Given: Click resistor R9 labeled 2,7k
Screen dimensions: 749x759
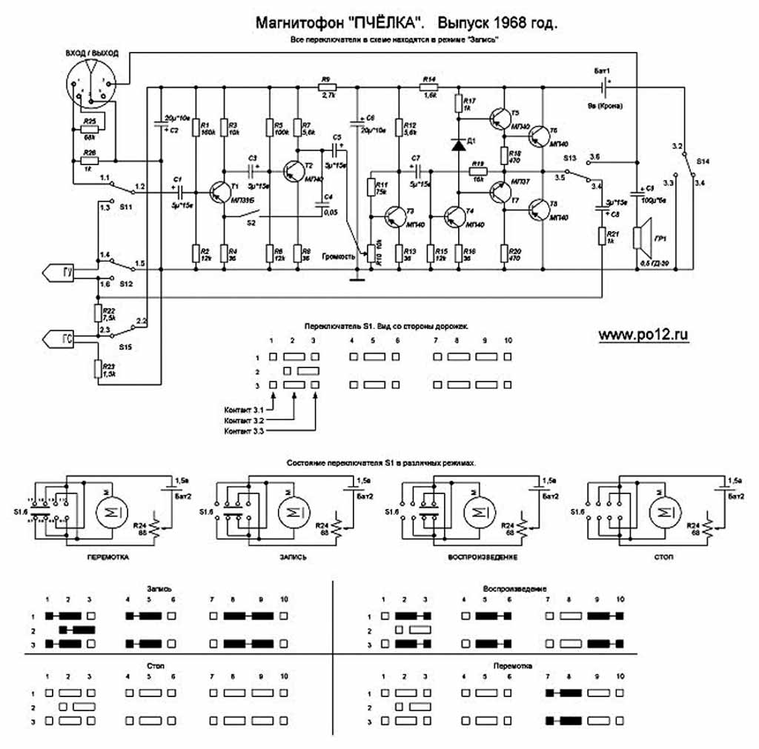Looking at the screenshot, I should [327, 87].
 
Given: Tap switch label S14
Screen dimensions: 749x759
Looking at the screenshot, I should [703, 161].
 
